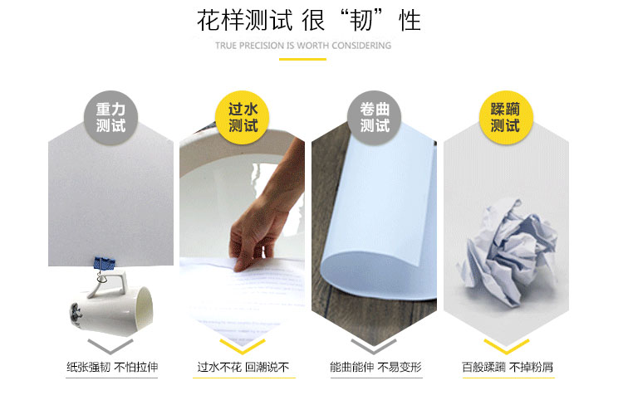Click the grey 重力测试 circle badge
(110, 118)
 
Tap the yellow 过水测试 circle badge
(243, 118)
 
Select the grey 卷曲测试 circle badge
(375, 118)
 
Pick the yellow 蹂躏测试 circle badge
(506, 118)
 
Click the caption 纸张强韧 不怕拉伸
(112, 367)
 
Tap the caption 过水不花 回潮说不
(243, 367)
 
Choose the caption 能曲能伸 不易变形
(375, 367)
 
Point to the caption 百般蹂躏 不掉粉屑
(508, 367)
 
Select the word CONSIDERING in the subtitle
(361, 46)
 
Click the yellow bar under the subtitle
(302, 59)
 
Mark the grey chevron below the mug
(110, 346)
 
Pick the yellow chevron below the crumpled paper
(506, 346)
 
